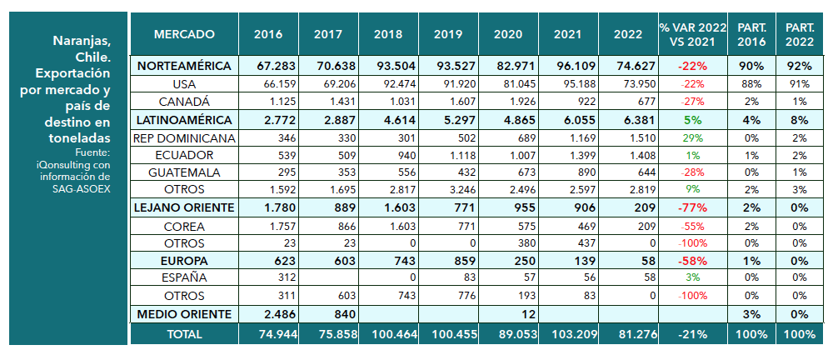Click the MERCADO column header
pos(184,34)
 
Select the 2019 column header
pos(448,34)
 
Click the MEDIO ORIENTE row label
pos(183,313)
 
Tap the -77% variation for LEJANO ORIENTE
pos(691,207)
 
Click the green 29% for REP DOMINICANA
pos(692,137)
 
